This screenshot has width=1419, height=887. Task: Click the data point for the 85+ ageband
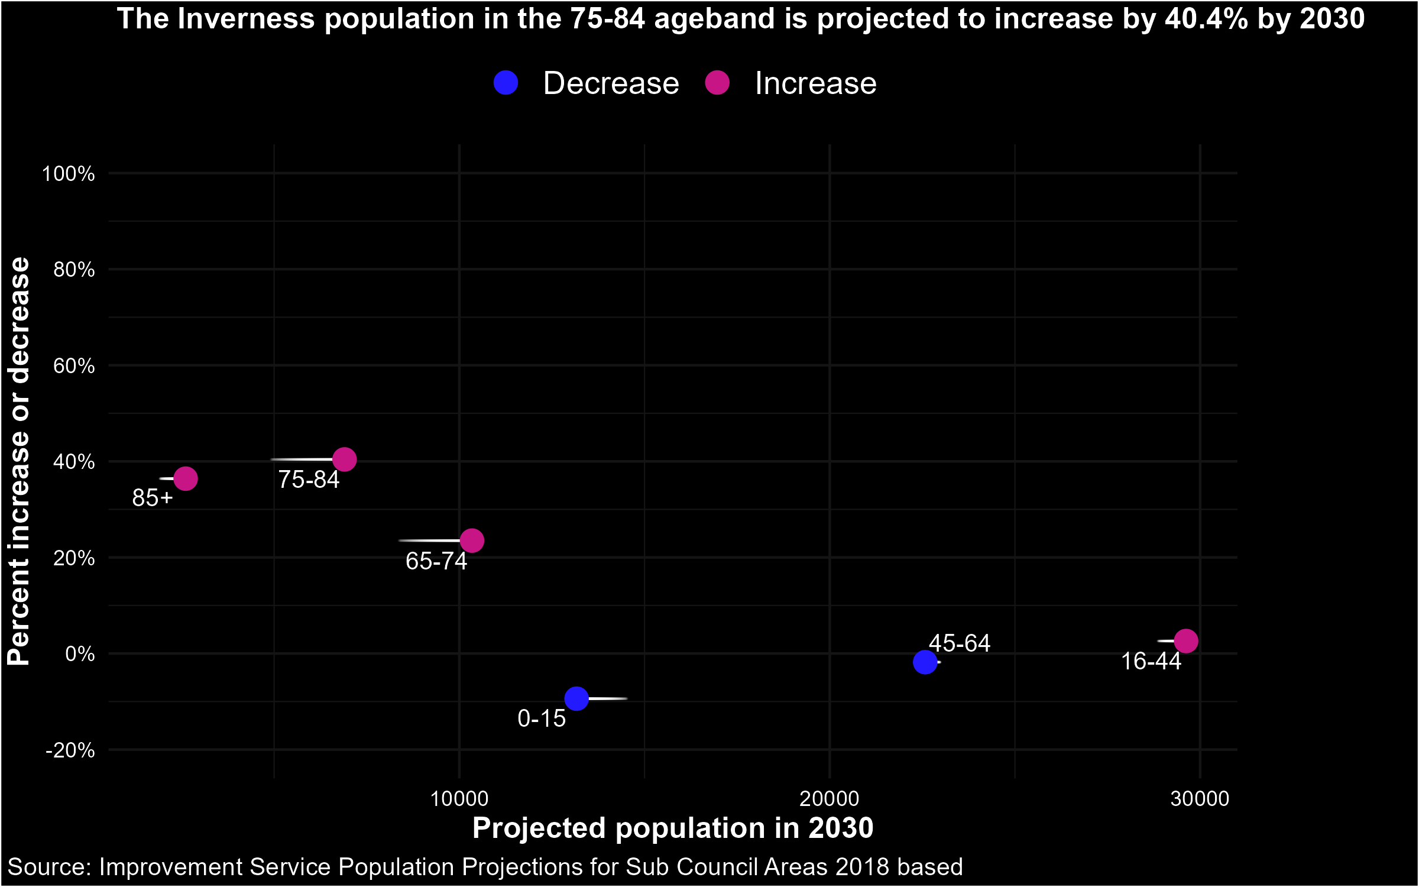pyautogui.click(x=186, y=478)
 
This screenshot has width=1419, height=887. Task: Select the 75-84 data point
pyautogui.click(x=344, y=459)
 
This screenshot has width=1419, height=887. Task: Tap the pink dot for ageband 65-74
pyautogui.click(x=472, y=540)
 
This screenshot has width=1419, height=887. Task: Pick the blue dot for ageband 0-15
pyautogui.click(x=576, y=699)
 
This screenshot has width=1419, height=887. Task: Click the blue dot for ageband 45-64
pyautogui.click(x=925, y=662)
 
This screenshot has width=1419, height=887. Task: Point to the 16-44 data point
pyautogui.click(x=1186, y=641)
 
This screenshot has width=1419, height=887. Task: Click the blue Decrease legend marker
pyautogui.click(x=506, y=83)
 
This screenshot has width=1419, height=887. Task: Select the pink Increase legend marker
pyautogui.click(x=717, y=83)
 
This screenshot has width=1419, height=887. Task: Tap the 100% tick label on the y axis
pyautogui.click(x=68, y=174)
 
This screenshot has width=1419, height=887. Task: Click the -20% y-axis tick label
pyautogui.click(x=70, y=750)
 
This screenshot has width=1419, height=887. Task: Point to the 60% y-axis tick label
pyautogui.click(x=74, y=366)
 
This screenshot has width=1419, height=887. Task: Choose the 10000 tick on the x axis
pyautogui.click(x=459, y=799)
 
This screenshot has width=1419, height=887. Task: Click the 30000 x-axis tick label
pyautogui.click(x=1200, y=799)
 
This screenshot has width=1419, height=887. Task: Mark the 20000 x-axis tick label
pyautogui.click(x=830, y=799)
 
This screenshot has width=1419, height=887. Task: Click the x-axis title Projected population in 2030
pyautogui.click(x=673, y=828)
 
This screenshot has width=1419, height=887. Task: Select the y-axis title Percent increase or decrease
pyautogui.click(x=19, y=461)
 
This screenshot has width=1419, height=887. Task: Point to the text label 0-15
pyautogui.click(x=542, y=718)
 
